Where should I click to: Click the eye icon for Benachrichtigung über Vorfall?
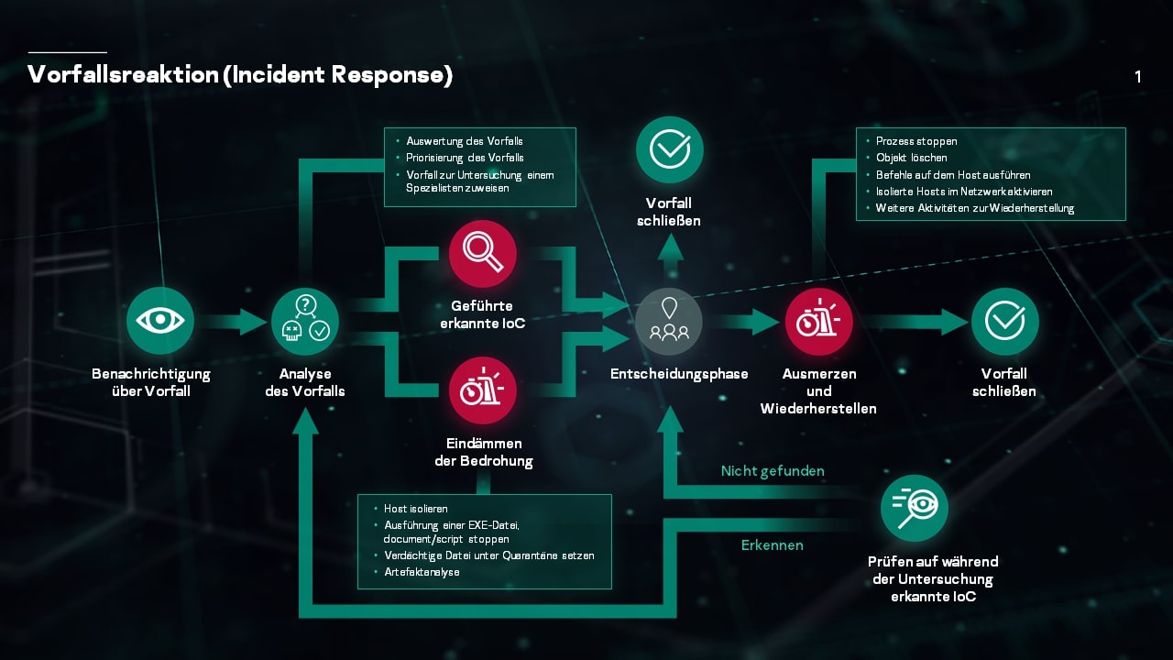(x=160, y=320)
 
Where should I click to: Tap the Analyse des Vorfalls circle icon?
(x=305, y=320)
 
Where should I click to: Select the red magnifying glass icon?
(x=483, y=254)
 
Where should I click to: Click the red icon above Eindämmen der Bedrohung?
(x=483, y=390)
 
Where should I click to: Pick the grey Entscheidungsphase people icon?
(x=670, y=321)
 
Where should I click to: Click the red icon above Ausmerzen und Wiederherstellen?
(x=818, y=321)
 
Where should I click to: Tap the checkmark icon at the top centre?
(x=670, y=149)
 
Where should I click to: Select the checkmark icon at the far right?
(x=1004, y=321)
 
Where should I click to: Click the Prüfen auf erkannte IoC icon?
(x=914, y=508)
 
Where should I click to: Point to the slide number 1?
(x=1138, y=77)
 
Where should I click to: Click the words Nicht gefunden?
(x=773, y=471)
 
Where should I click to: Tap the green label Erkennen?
(x=773, y=545)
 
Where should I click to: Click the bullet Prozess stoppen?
(x=916, y=141)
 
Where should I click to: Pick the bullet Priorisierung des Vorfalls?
(x=465, y=158)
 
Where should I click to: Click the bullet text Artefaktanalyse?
(x=422, y=572)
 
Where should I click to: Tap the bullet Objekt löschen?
(x=911, y=158)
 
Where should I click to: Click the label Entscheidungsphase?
(x=679, y=374)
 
